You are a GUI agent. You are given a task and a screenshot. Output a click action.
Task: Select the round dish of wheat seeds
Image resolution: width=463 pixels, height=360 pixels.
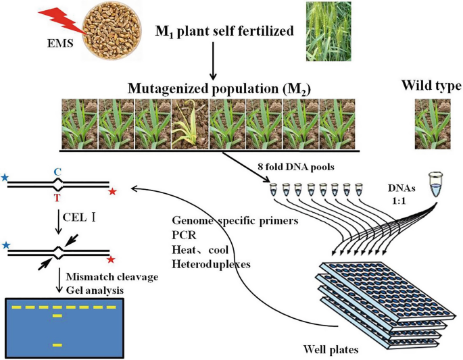[109, 31]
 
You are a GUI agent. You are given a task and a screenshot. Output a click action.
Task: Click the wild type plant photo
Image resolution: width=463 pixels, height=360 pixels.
[432, 123]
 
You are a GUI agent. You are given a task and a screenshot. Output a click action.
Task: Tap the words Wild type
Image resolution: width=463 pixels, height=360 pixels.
[431, 86]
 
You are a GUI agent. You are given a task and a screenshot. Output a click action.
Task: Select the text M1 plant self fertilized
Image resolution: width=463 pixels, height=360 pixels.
[224, 31]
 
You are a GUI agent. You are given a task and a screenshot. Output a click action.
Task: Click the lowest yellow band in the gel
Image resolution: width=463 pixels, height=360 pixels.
[58, 345]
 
